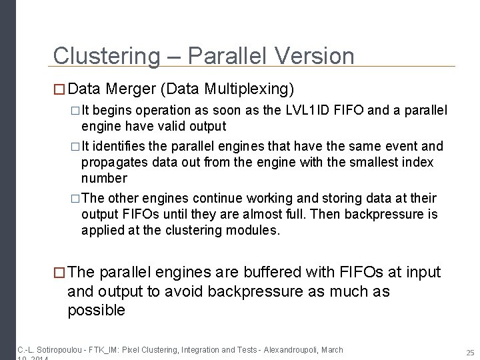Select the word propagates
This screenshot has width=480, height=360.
111,162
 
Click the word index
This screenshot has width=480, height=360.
419,162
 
